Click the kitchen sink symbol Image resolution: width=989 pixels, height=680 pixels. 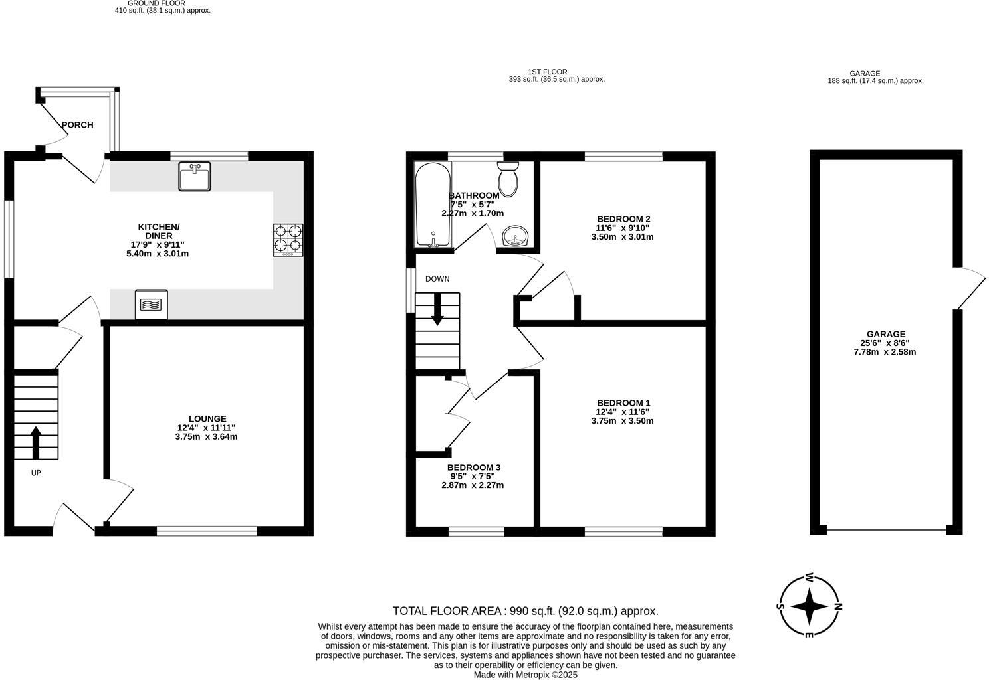coord(195,176)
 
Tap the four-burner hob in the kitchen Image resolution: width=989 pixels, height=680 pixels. coord(288,240)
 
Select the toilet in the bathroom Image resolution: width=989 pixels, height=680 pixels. coord(509,179)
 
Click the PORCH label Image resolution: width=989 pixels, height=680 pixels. coord(78,125)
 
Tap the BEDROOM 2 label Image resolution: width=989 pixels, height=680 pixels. coord(623,219)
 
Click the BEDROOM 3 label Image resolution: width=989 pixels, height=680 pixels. coord(473,467)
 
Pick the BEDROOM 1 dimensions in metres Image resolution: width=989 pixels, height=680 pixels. coord(622,421)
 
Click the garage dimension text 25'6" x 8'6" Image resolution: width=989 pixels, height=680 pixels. coord(885,343)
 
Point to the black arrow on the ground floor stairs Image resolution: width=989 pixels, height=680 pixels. coord(36,442)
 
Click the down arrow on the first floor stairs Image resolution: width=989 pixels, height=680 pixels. coord(437,309)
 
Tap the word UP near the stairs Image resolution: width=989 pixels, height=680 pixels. coord(36,473)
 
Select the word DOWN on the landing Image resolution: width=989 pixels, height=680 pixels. coord(437,279)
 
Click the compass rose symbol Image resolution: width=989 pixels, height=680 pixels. coord(809,606)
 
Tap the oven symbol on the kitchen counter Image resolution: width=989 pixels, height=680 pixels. coord(152,305)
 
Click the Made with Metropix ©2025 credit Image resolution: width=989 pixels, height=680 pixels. coord(525,675)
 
